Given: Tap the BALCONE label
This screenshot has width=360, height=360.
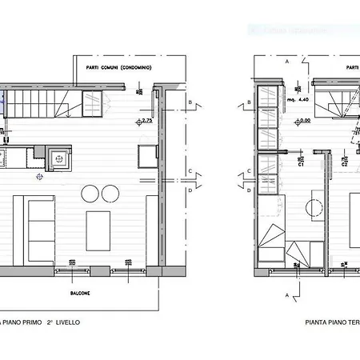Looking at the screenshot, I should [80, 293].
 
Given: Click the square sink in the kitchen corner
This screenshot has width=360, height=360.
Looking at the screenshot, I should [59, 158].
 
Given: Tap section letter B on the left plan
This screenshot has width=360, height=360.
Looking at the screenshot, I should [190, 103].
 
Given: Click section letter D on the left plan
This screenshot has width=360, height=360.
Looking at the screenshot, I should [190, 190].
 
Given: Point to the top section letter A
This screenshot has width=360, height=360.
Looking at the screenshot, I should [286, 60].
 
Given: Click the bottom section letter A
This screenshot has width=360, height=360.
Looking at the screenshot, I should [286, 294].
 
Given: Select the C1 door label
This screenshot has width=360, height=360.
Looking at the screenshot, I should [300, 166].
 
